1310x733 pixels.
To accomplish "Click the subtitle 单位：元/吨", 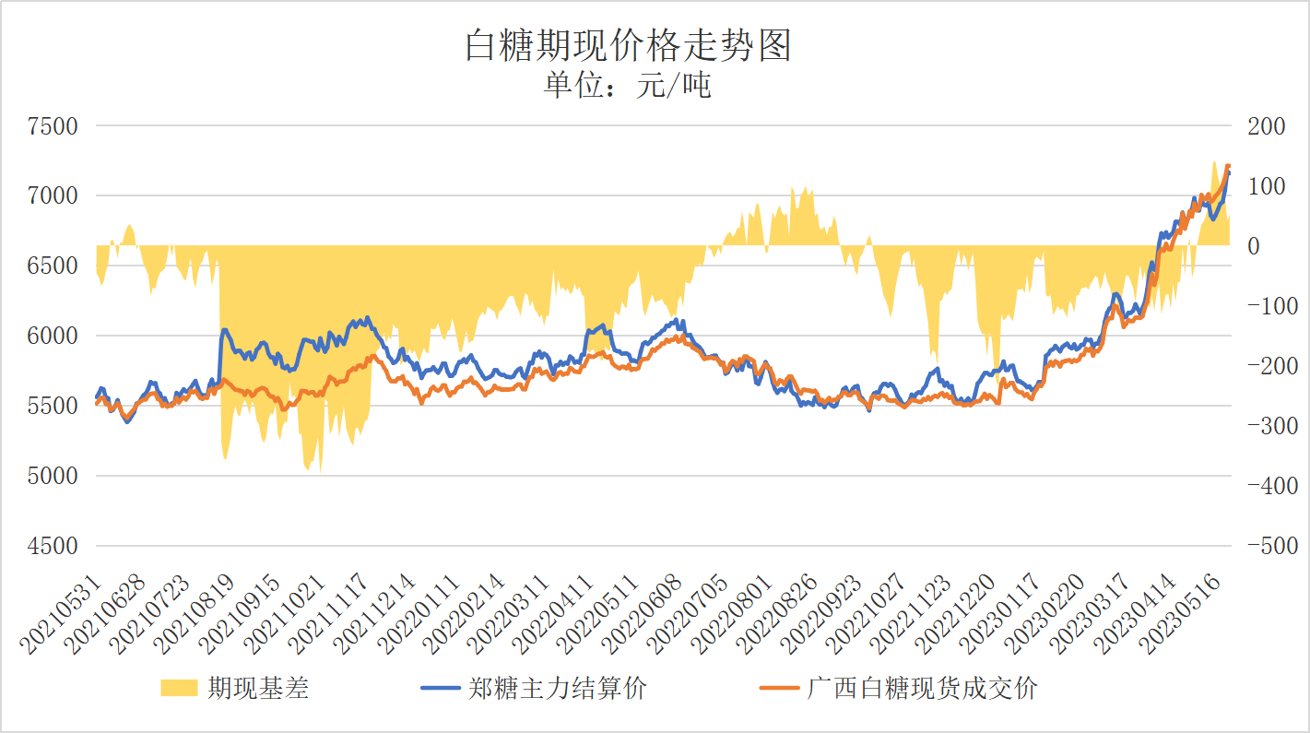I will pos(628,87).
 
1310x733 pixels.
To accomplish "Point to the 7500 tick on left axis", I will pos(52,126).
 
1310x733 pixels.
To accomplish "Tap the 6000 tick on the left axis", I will pos(52,337).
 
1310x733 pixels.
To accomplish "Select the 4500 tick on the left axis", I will pos(52,547).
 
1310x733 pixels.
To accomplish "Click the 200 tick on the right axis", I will pos(1266,126).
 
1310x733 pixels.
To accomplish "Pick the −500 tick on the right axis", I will pos(1264,547).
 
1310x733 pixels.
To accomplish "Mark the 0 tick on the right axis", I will pos(1252,246).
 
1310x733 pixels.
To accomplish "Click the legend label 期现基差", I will pos(258,688).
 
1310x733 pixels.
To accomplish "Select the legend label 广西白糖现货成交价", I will pos(922,688).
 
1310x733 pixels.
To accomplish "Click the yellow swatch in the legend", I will pos(179,688).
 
